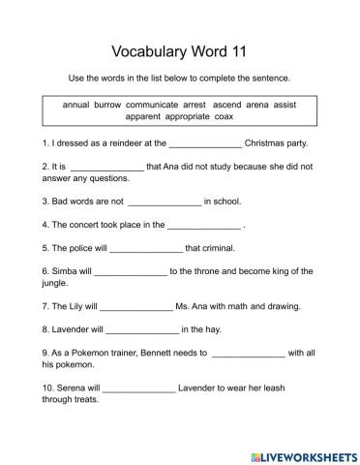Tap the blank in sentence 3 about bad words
tap(164, 202)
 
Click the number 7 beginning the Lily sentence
tap(45, 306)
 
